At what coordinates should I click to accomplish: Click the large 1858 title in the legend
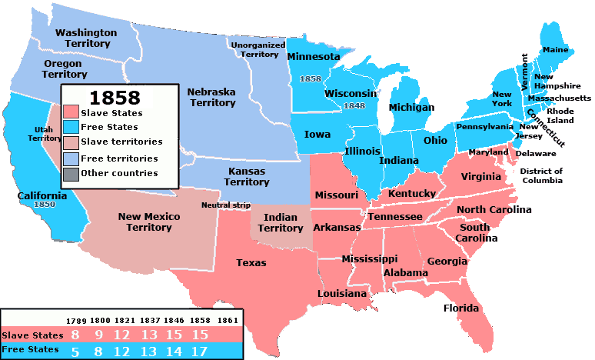(x=115, y=97)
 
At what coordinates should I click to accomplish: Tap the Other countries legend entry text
(x=119, y=173)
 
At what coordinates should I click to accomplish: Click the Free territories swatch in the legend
(x=73, y=158)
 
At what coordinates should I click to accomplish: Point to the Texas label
(x=251, y=263)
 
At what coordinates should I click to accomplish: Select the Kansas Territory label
(x=247, y=176)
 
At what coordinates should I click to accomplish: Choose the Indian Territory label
(x=281, y=223)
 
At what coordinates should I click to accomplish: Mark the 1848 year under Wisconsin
(x=354, y=105)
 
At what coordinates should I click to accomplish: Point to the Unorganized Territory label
(x=258, y=50)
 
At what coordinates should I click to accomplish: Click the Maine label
(x=555, y=50)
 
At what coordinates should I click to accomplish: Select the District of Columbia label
(x=541, y=175)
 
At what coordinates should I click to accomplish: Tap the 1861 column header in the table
(x=226, y=319)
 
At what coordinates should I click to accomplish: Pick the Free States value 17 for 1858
(x=198, y=350)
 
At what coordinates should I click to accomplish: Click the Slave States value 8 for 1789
(x=75, y=335)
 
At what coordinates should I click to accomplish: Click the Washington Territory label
(x=86, y=38)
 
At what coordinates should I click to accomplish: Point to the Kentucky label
(x=411, y=193)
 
